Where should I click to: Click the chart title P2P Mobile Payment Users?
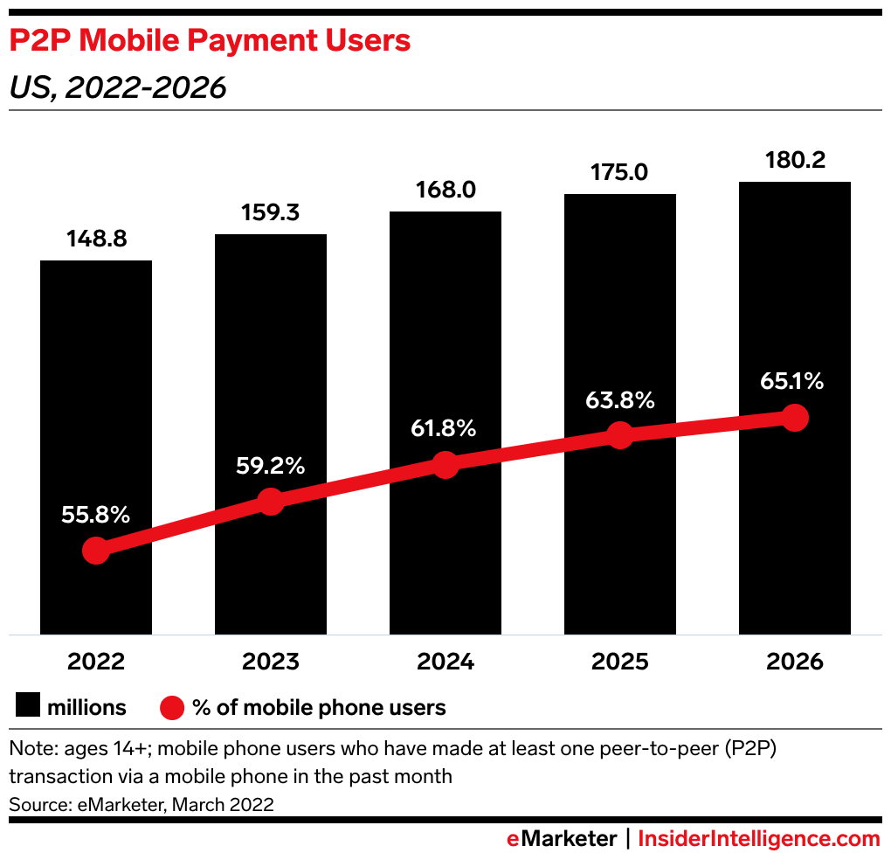[210, 41]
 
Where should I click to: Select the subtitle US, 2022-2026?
[118, 88]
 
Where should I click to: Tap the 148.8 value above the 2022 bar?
[96, 239]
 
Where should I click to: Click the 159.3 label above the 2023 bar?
[271, 213]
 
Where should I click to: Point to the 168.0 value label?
[445, 191]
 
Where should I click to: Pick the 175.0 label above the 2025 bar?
[620, 172]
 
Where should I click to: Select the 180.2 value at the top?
[795, 160]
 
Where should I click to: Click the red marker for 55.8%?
[96, 551]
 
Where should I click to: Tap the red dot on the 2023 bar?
[271, 502]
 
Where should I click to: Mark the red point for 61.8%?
[445, 465]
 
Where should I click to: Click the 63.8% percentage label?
[620, 400]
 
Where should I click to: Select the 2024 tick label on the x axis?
[445, 662]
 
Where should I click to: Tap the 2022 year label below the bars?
[96, 662]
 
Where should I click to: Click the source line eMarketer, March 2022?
[142, 804]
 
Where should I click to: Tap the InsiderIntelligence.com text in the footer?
[759, 839]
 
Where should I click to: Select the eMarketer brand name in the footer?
[562, 839]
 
